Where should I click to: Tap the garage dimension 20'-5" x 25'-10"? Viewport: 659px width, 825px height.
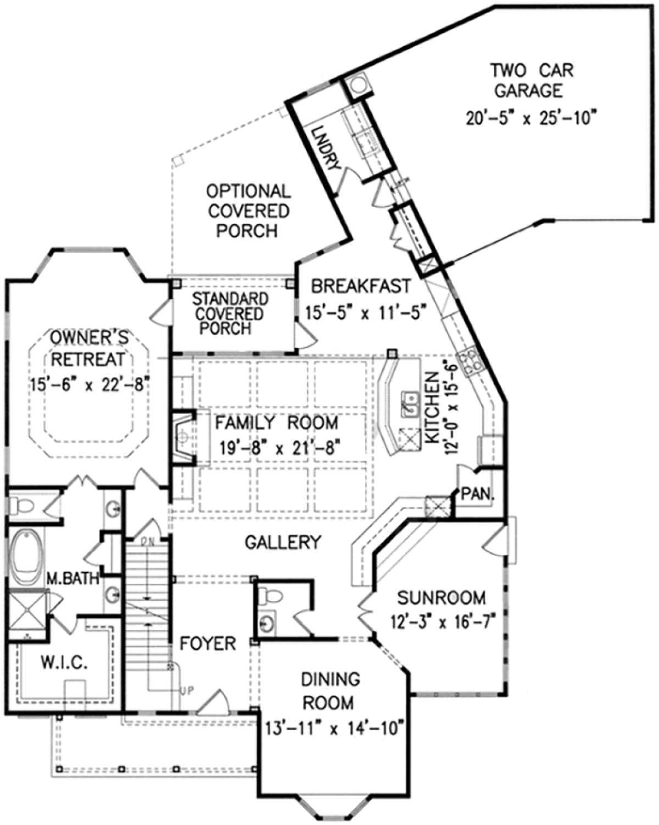(x=532, y=118)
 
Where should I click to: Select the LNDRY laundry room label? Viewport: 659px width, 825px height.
(x=325, y=148)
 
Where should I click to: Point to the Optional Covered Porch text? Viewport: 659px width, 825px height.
(x=248, y=211)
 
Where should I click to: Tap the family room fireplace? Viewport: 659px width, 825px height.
(x=184, y=438)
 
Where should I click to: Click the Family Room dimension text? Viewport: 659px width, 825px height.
(x=281, y=447)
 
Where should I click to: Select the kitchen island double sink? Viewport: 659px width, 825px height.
(x=410, y=404)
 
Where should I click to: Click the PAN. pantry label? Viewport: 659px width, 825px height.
(x=477, y=494)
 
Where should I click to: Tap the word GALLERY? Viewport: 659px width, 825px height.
(x=283, y=542)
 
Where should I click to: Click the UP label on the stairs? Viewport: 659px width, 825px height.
(x=188, y=690)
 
